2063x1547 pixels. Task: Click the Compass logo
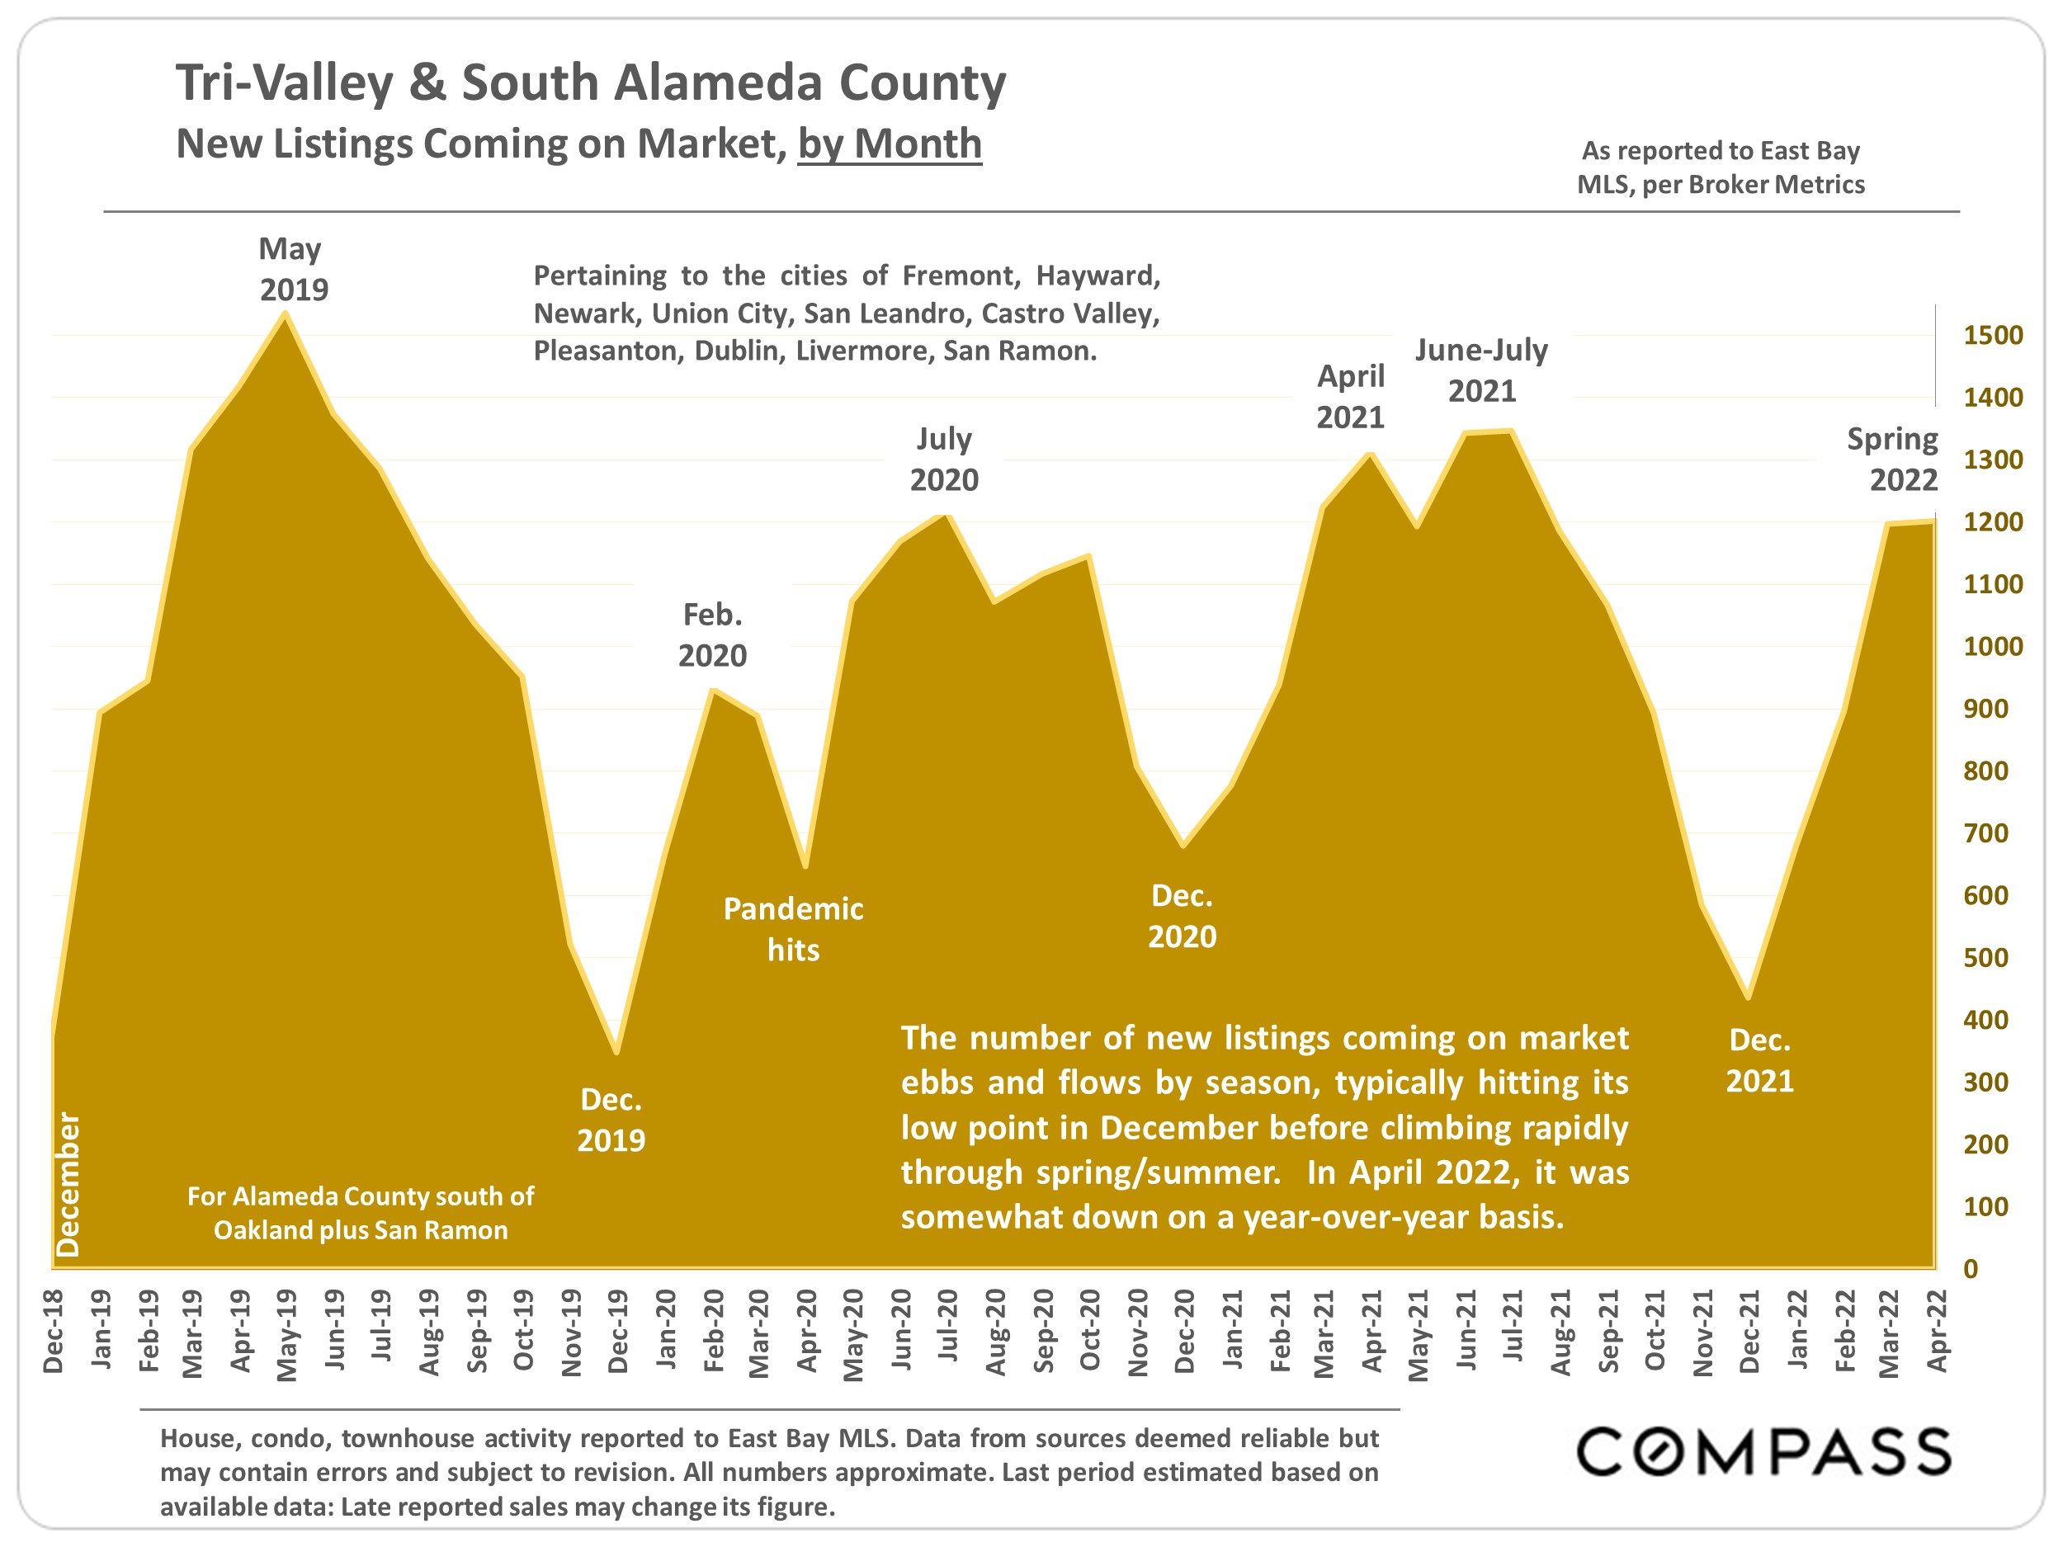coord(1763,1451)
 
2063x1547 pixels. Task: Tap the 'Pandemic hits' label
coord(793,929)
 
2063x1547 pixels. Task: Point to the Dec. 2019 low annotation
coord(611,1120)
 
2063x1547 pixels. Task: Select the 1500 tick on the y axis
coord(1992,336)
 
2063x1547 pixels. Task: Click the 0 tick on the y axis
coord(1970,1269)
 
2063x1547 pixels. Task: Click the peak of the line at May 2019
coord(286,314)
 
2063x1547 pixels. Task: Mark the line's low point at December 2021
coord(1748,998)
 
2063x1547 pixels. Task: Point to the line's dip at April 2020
coord(805,866)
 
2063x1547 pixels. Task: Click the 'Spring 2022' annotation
coord(1893,459)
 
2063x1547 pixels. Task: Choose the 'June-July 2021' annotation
coord(1481,370)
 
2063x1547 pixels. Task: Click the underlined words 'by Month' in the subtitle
coord(890,144)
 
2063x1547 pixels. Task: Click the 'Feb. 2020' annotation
coord(712,635)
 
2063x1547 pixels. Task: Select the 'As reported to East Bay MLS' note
coord(1721,167)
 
